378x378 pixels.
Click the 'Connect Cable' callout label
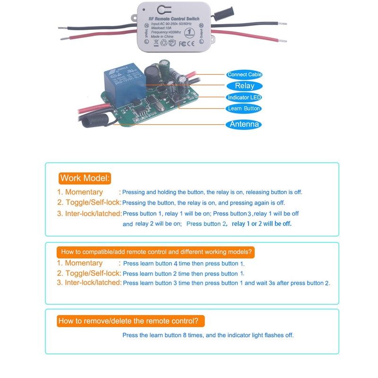click(244, 75)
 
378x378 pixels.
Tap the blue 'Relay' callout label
click(244, 86)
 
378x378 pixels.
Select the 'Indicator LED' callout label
click(244, 97)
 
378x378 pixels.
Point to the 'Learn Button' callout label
click(244, 109)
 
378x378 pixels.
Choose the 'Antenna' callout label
click(244, 125)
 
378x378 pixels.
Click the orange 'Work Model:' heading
click(85, 178)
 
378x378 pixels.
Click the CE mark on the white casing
click(195, 43)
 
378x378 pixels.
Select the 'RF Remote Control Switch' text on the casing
click(174, 18)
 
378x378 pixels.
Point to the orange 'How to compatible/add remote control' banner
click(156, 252)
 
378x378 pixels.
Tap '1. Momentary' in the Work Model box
click(80, 192)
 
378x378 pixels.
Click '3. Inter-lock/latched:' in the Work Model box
click(89, 214)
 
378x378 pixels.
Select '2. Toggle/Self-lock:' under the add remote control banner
click(89, 274)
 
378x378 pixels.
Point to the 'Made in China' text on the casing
click(163, 36)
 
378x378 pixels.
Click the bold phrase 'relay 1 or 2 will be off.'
click(262, 224)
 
